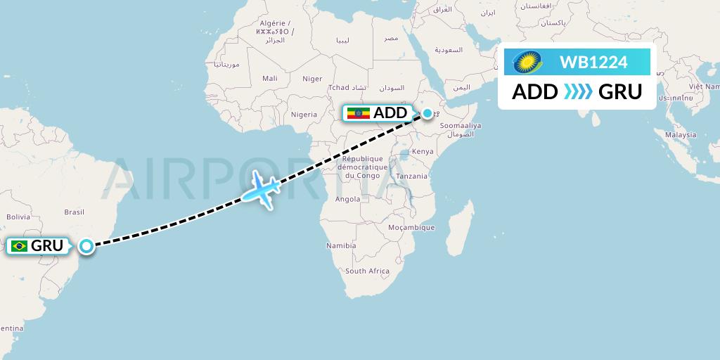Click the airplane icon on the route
[260, 188]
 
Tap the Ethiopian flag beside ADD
[358, 113]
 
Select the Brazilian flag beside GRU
[19, 246]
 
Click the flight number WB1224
[593, 63]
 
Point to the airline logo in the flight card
[527, 63]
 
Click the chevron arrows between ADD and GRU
[578, 91]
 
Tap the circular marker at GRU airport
[86, 246]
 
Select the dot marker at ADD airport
[427, 112]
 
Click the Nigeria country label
[304, 115]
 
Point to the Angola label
[348, 199]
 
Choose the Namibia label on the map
[340, 246]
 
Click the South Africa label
[367, 271]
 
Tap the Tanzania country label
[411, 176]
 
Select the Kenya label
[422, 151]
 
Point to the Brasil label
[74, 212]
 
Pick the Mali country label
[270, 79]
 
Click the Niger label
[311, 79]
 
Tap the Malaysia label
[681, 135]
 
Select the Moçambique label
[412, 228]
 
